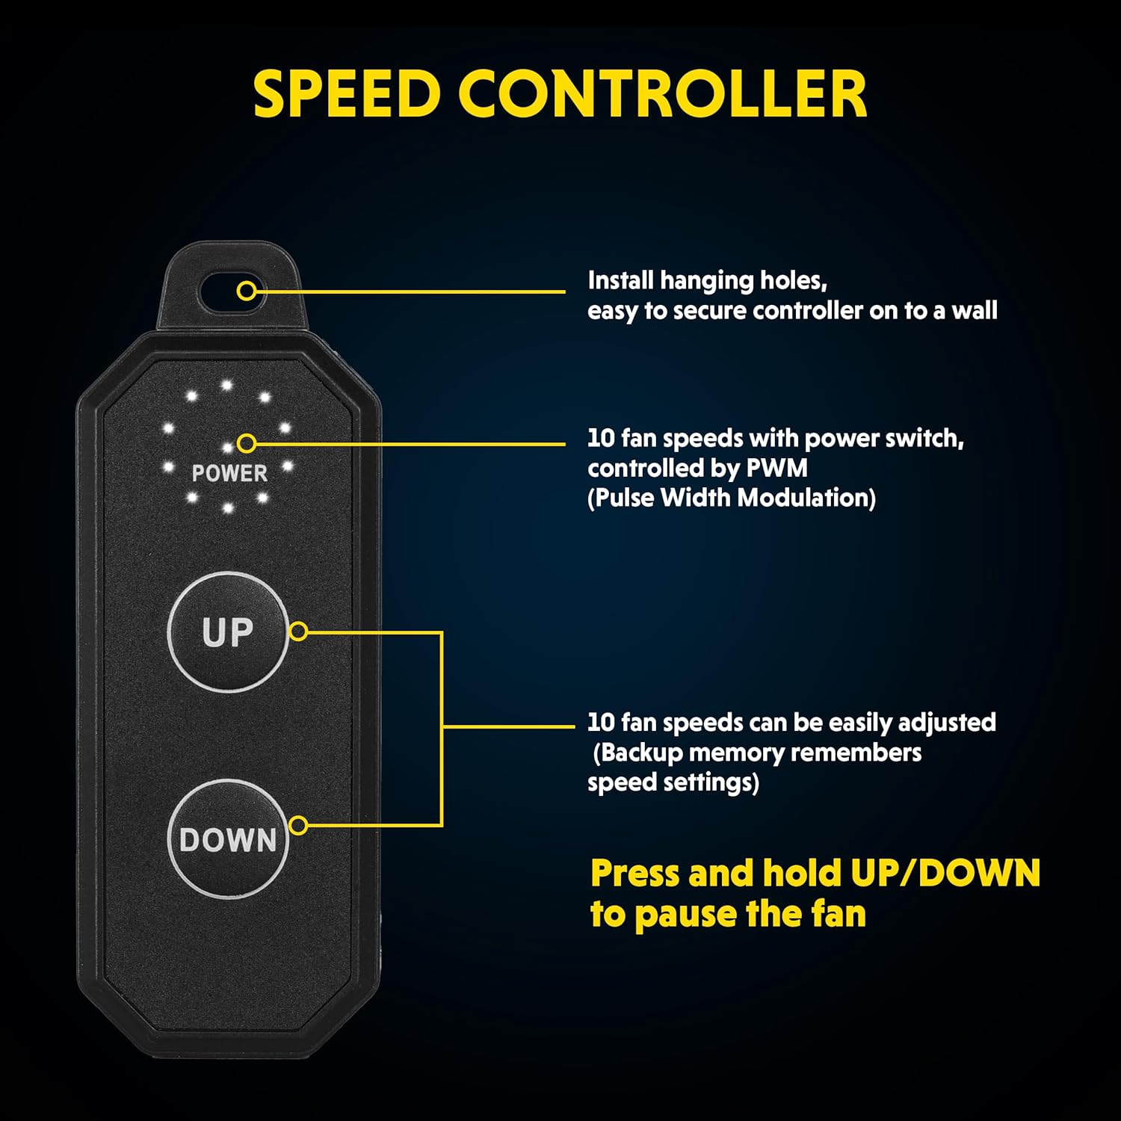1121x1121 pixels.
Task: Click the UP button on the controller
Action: point(227,631)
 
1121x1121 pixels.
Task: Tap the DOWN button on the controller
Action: point(227,839)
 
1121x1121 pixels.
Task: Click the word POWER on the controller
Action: point(229,473)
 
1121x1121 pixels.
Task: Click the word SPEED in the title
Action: point(347,94)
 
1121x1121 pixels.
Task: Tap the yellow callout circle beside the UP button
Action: point(298,631)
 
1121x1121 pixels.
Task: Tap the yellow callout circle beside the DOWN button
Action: point(298,826)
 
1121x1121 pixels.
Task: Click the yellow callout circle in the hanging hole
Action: point(247,291)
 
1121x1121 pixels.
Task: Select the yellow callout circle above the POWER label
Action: point(246,444)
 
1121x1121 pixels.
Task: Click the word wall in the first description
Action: point(975,310)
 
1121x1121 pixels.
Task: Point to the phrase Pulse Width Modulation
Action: point(732,498)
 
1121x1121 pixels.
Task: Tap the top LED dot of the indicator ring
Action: point(226,386)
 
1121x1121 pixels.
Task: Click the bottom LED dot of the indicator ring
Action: point(228,508)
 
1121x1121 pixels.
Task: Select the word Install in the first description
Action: point(620,281)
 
